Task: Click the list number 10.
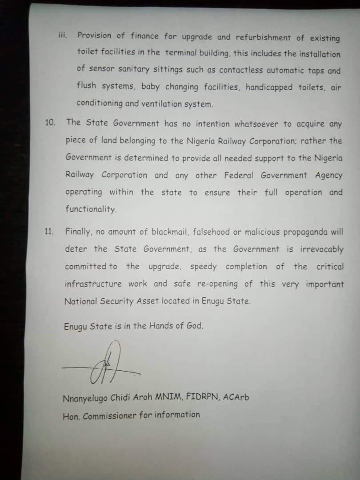click(50, 122)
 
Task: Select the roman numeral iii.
click(63, 34)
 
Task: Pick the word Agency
click(329, 176)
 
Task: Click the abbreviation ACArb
click(236, 397)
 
